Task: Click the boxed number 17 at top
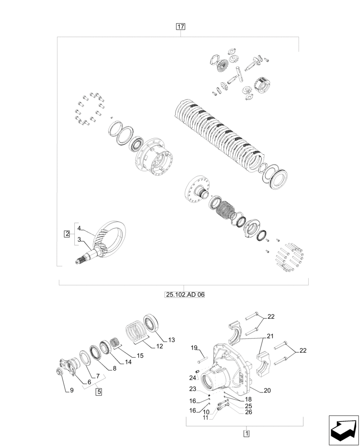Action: (x=180, y=27)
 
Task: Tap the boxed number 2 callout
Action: (x=67, y=234)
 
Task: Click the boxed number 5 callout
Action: (x=98, y=392)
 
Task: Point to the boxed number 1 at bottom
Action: (x=246, y=433)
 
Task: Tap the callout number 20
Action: (x=267, y=390)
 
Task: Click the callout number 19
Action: (x=194, y=347)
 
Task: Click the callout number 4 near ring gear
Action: (x=79, y=228)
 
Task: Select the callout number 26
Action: (x=249, y=412)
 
